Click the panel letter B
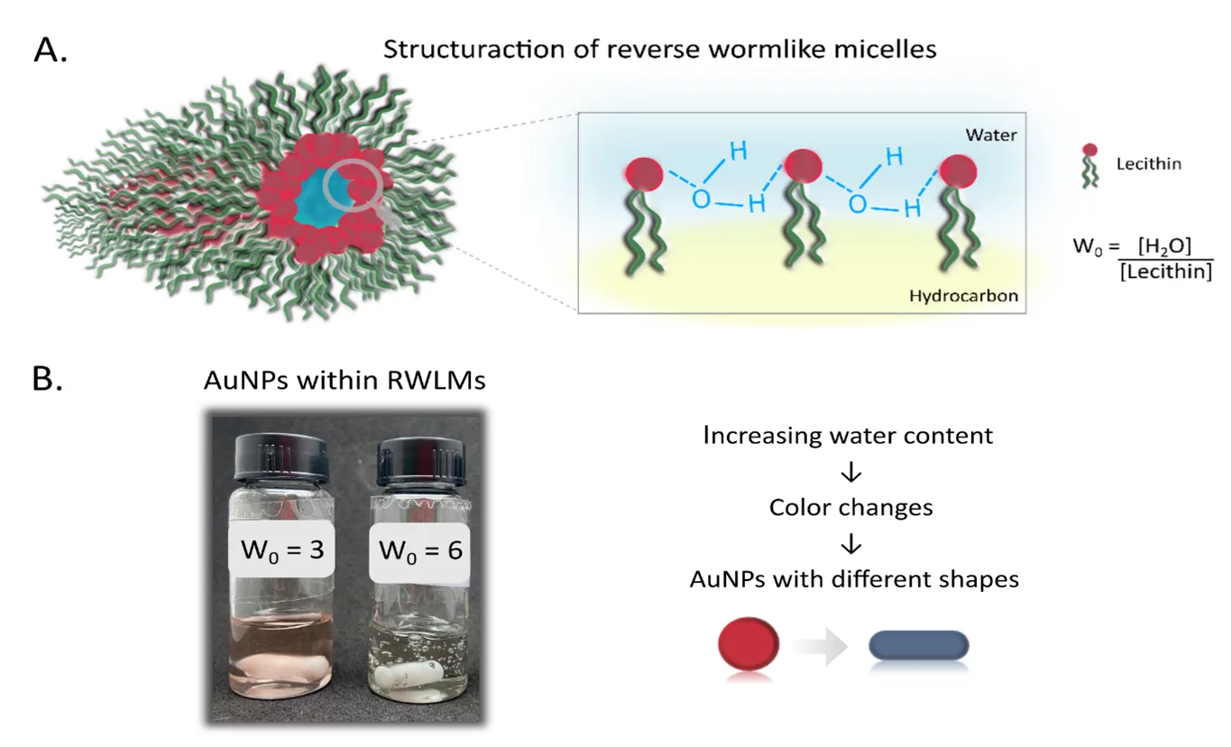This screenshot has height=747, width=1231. coord(47,379)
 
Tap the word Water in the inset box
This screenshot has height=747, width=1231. coord(988,135)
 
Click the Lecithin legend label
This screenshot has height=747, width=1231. coord(1148,164)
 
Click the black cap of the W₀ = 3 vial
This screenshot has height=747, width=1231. coord(280,457)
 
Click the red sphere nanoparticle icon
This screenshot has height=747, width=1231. coord(748,643)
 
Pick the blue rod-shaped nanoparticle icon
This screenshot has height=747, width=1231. coord(918,644)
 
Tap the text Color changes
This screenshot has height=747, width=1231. coord(850,508)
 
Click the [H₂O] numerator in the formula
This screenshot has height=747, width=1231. coord(1164,245)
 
